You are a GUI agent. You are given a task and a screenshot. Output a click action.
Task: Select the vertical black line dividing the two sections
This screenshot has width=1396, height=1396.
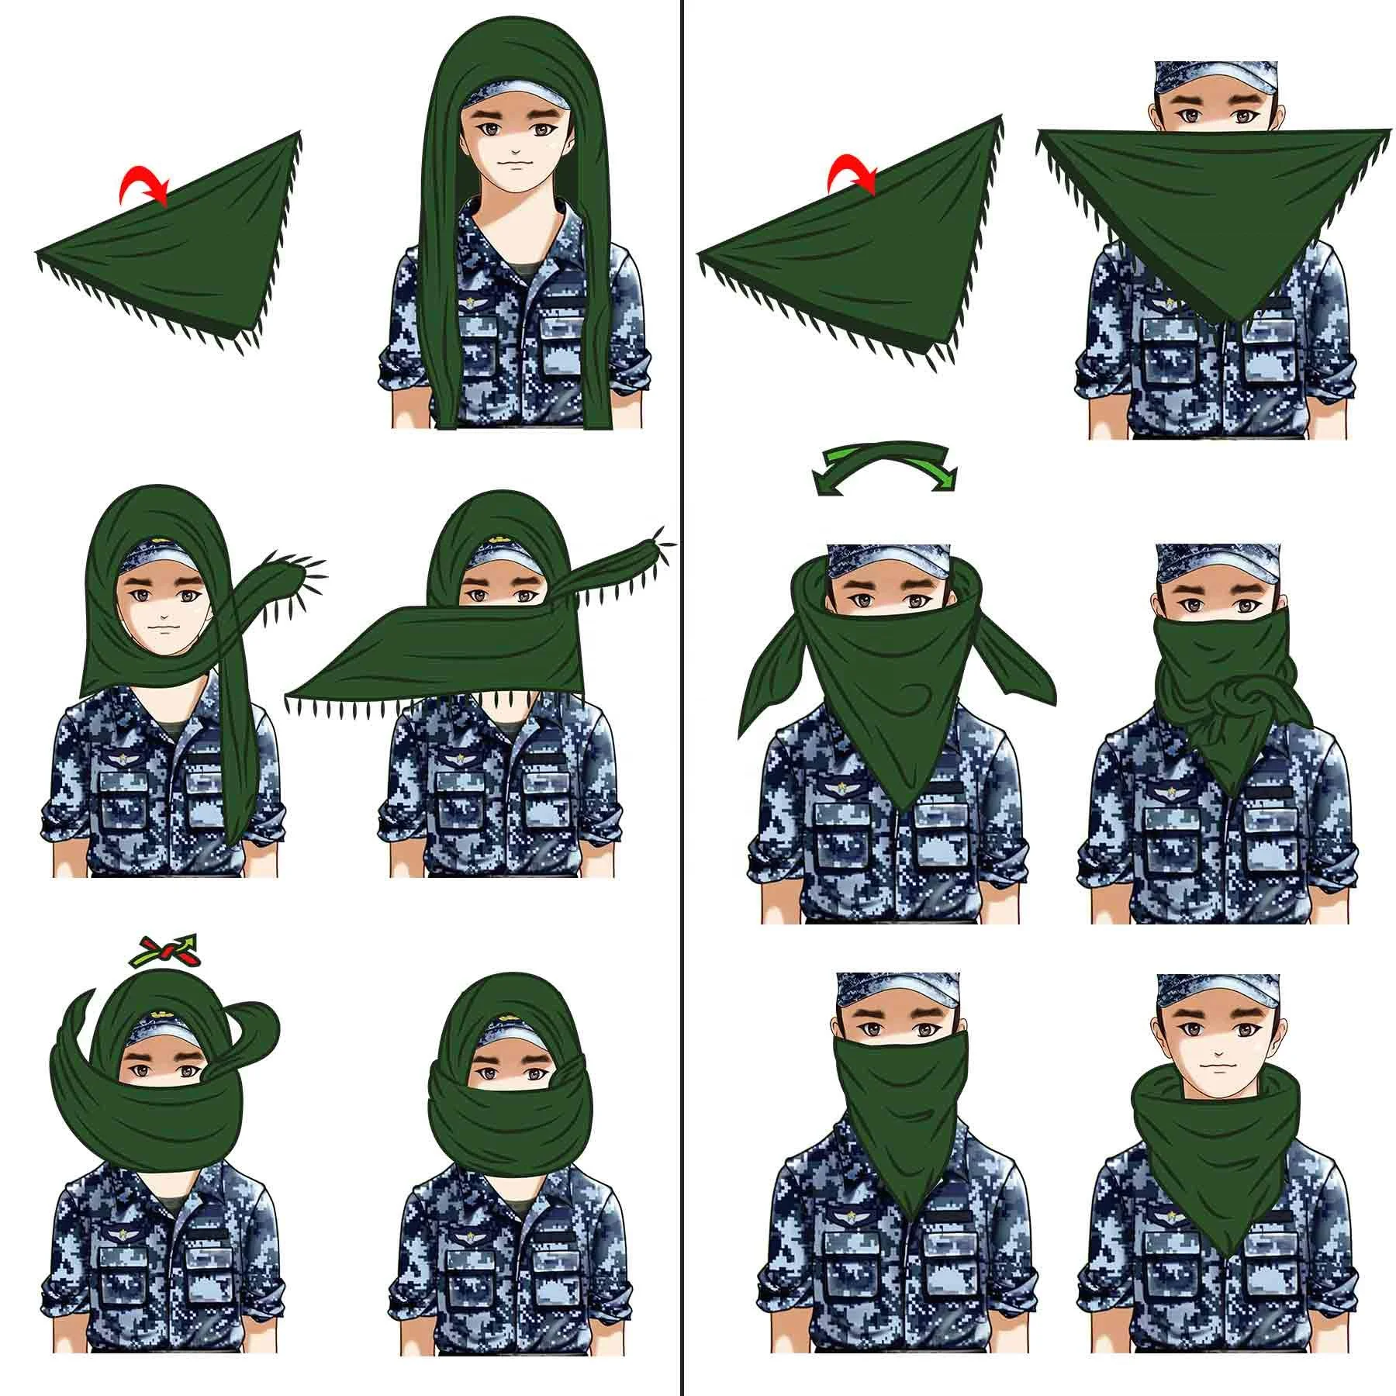(x=680, y=698)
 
